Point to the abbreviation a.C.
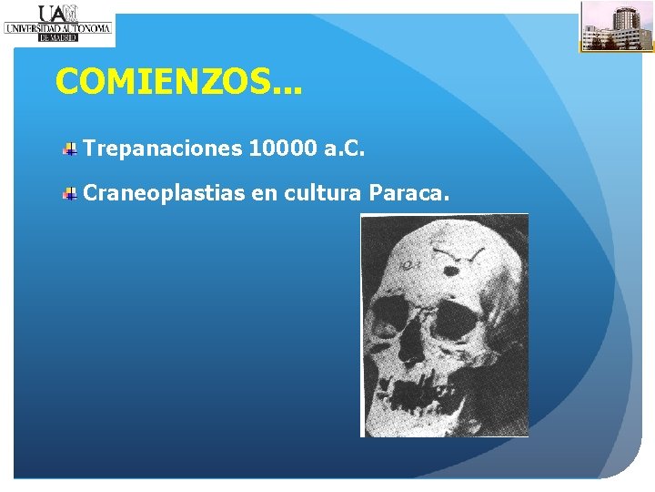(x=345, y=149)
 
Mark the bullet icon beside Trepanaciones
(x=69, y=149)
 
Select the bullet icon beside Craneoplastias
(x=69, y=192)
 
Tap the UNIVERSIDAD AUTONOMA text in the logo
(x=58, y=28)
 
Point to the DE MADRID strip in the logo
(x=58, y=38)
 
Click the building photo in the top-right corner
(x=617, y=26)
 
